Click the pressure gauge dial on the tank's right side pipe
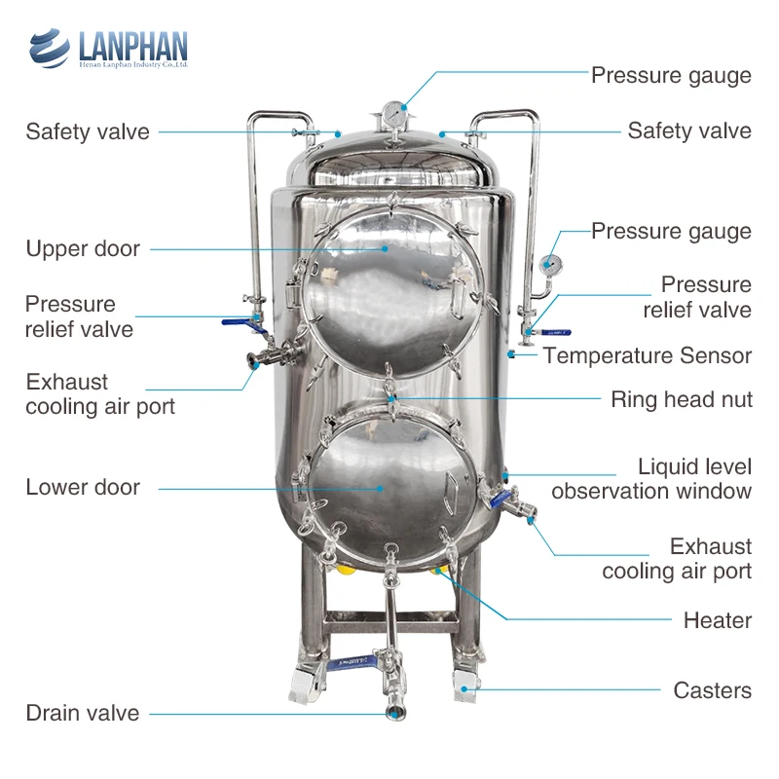550,264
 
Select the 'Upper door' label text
83,248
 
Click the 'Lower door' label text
83,487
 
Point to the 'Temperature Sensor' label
648,355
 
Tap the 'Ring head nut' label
681,399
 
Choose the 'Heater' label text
717,620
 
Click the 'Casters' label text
712,690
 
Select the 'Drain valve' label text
83,713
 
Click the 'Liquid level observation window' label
651,479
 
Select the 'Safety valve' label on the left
88,131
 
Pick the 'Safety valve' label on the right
688,130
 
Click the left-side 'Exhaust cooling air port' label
100,394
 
